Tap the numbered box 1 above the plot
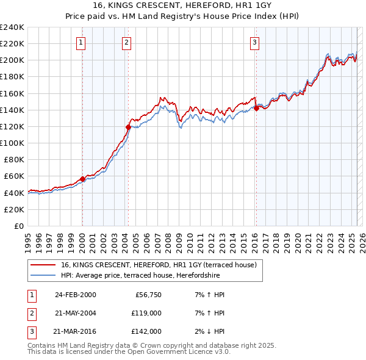click(81, 42)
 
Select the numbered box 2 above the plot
click(126, 42)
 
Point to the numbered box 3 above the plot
click(254, 42)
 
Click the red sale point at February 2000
click(82, 179)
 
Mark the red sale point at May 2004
click(128, 127)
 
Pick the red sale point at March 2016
click(256, 108)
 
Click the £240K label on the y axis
click(12, 27)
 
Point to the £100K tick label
click(12, 143)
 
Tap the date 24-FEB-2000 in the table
click(75, 295)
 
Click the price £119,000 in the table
click(146, 312)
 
